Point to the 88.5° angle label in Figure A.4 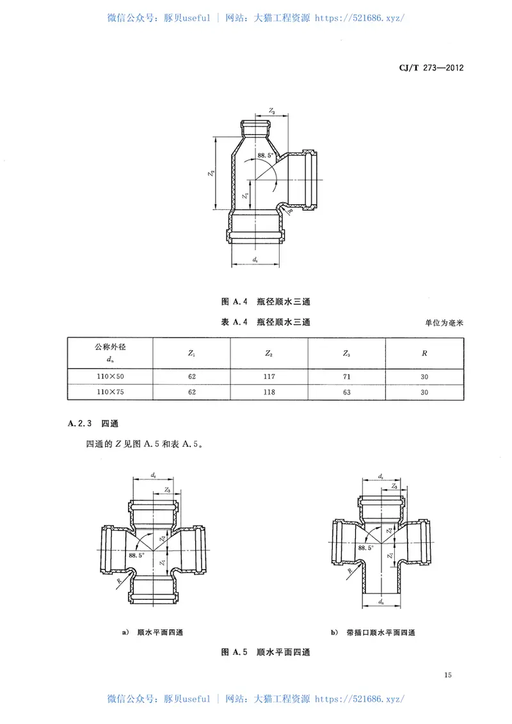pos(266,155)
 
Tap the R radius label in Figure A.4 pos(291,211)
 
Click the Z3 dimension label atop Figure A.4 pos(271,111)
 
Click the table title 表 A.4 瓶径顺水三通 pos(266,323)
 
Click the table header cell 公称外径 pos(110,346)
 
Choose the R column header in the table pos(424,353)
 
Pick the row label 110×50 pos(110,376)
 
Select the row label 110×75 pos(110,392)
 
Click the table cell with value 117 pos(269,376)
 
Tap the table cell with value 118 pos(269,392)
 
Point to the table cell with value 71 pos(347,376)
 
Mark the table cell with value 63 pos(347,392)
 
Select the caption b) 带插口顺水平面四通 pos(373,632)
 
